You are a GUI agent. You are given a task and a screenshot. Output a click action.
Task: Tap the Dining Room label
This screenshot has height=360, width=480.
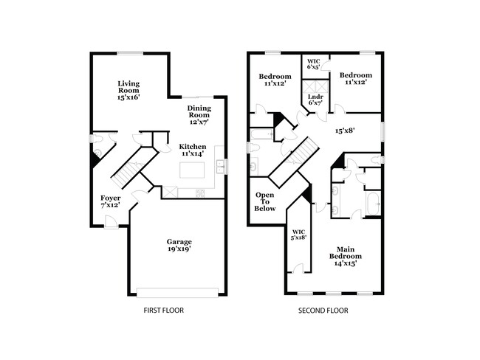tap(199, 114)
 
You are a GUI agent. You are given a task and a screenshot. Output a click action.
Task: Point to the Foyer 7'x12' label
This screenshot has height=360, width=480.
tap(111, 201)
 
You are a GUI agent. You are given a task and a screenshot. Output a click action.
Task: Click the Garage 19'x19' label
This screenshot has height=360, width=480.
tap(179, 246)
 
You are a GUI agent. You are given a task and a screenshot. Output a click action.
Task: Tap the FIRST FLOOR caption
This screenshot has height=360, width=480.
tap(163, 311)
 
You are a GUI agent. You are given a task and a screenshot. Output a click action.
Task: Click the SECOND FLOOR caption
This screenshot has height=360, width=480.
tap(323, 311)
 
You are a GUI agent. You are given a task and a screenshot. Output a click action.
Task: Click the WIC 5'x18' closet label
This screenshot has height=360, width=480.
tap(299, 235)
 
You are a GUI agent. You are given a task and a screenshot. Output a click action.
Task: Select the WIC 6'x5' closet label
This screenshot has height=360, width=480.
tap(313, 63)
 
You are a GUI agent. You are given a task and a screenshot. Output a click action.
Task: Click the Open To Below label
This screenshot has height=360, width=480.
tap(264, 201)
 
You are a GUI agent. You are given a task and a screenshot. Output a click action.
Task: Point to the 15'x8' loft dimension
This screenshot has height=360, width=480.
tap(346, 131)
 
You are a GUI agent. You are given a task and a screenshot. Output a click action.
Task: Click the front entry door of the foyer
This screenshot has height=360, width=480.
tap(110, 222)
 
